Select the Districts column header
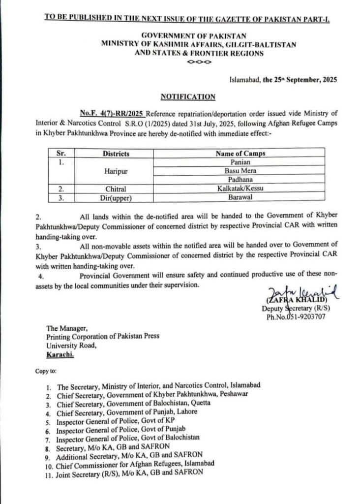pos(116,154)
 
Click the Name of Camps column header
pos(240,154)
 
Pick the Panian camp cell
pos(240,161)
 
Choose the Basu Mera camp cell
pos(240,170)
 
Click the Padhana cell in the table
pos(240,179)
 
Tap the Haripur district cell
pos(116,170)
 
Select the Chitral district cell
pos(116,188)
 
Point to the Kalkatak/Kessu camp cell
pos(240,188)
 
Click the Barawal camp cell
pos(240,197)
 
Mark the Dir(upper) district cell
pos(116,197)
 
